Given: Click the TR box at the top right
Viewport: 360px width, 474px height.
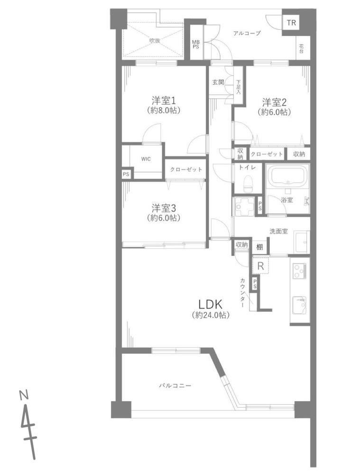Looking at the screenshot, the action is tap(291, 23).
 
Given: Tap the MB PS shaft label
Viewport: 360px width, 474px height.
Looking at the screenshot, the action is tap(196, 45).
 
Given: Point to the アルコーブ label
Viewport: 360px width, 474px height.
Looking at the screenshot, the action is tap(247, 33).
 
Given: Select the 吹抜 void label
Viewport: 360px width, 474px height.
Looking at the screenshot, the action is tap(155, 41).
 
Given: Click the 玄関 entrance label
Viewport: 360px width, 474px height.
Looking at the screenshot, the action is tap(218, 82).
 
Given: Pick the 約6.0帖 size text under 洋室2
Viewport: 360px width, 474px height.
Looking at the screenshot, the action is tap(274, 112).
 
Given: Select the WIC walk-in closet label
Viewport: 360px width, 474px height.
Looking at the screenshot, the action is tap(146, 159).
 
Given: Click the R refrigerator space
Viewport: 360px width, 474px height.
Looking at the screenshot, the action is tap(260, 266).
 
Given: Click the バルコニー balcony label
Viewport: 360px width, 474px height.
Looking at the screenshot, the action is tap(175, 386).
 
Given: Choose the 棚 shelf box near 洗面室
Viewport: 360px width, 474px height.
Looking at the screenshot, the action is tap(259, 247).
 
